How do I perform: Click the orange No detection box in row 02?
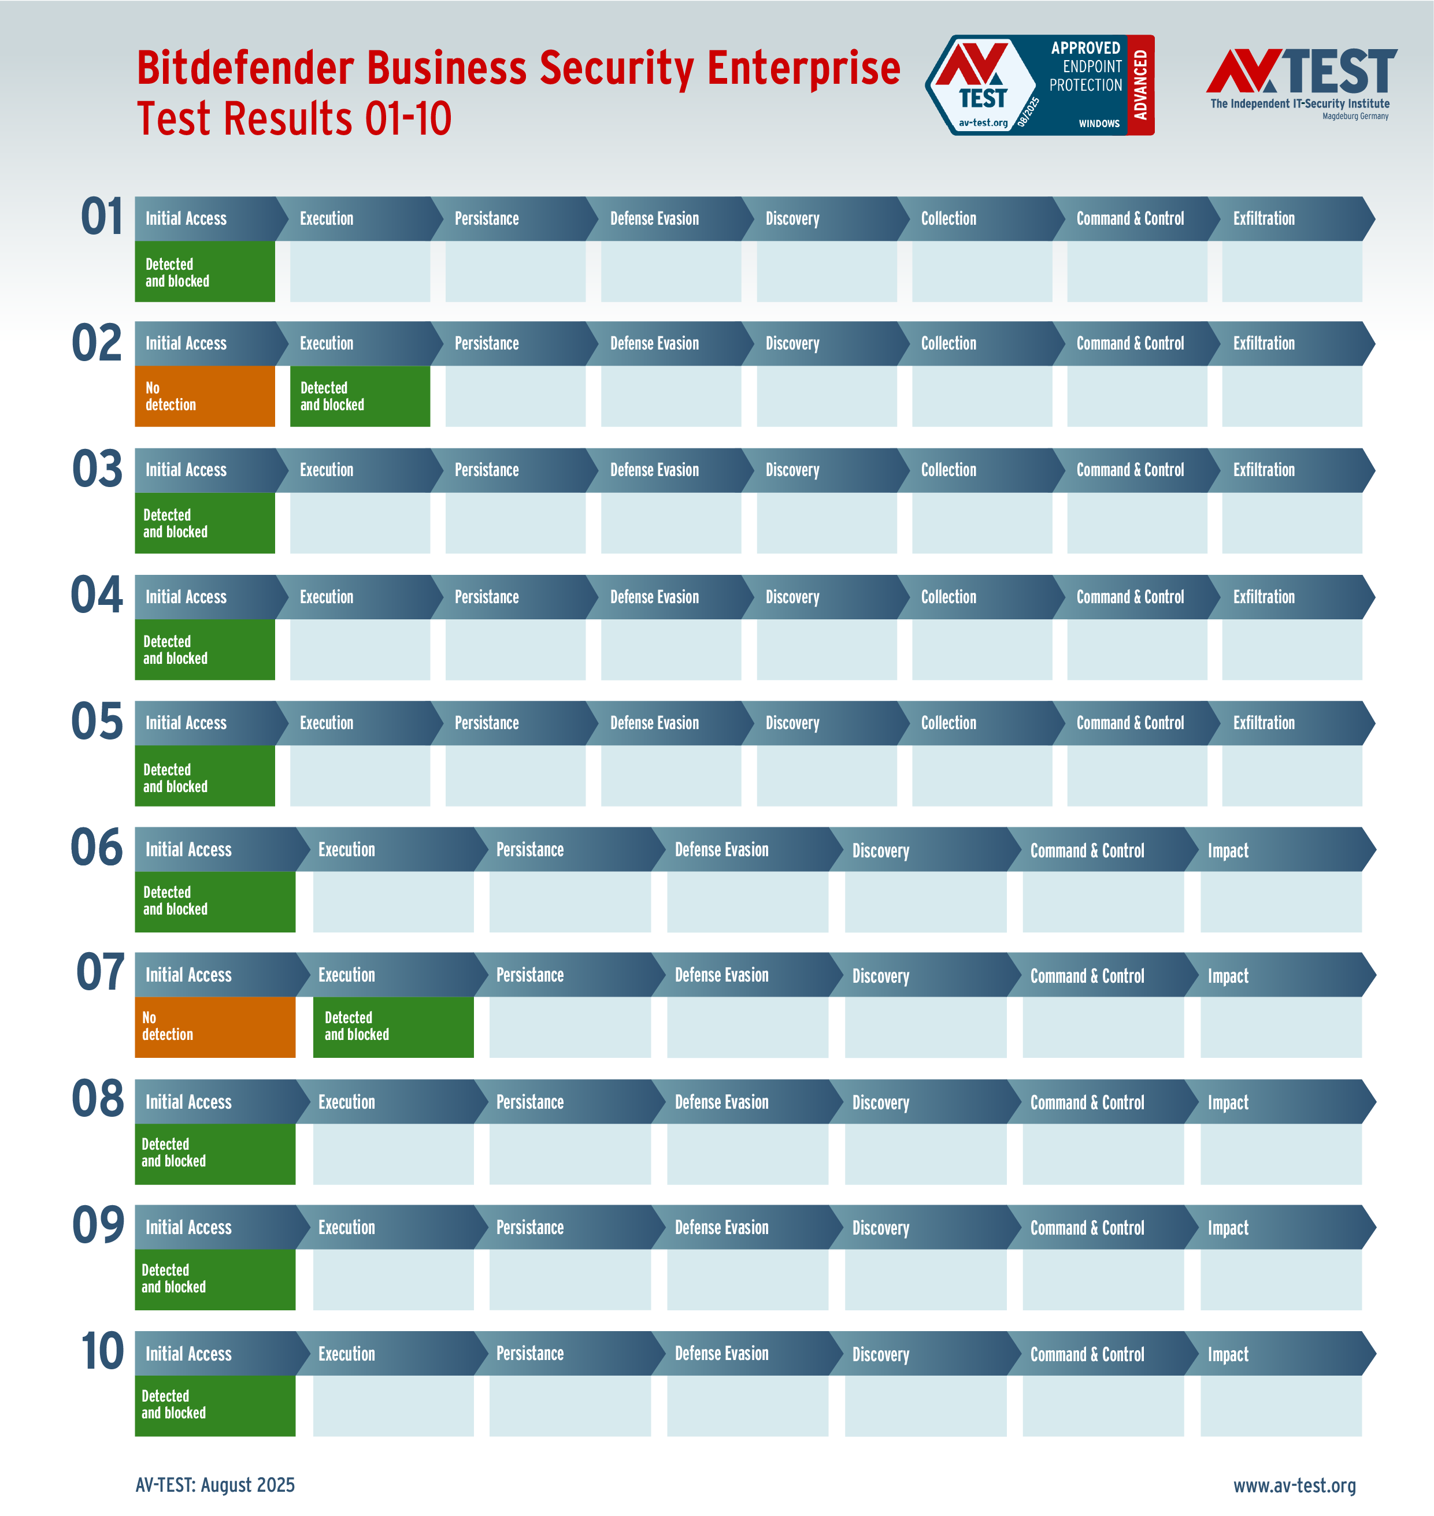click(204, 396)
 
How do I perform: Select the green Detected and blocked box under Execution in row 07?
click(393, 1026)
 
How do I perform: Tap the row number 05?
click(97, 722)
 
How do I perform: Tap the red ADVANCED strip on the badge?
click(1140, 85)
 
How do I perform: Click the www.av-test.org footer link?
click(1294, 1485)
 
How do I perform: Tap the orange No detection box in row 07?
click(215, 1026)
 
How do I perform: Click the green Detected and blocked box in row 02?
click(360, 396)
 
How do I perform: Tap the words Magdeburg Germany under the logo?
click(1355, 116)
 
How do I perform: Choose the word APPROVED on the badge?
click(1085, 47)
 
